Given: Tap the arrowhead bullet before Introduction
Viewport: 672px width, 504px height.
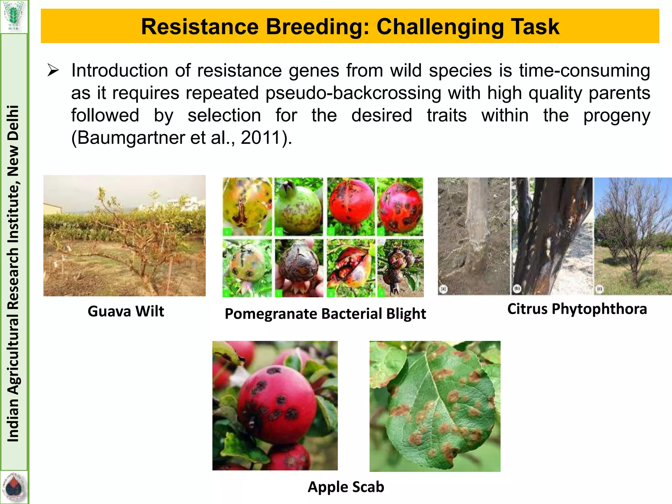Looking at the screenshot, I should [53, 71].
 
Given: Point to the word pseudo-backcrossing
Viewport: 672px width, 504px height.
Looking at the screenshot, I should [353, 93].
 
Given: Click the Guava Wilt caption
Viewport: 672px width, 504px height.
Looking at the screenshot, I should [126, 311].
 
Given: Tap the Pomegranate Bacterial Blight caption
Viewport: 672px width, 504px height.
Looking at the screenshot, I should [325, 314].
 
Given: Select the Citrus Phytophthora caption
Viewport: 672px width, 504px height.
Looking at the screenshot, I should [577, 309].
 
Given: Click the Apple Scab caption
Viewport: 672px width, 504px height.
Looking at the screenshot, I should [346, 487].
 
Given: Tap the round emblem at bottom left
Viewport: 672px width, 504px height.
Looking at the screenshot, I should [13, 488].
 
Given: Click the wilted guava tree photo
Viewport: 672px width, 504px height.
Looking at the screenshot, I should [124, 236].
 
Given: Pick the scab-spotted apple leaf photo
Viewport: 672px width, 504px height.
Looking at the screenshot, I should [435, 406].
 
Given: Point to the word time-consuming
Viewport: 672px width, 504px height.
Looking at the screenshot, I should [584, 71].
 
